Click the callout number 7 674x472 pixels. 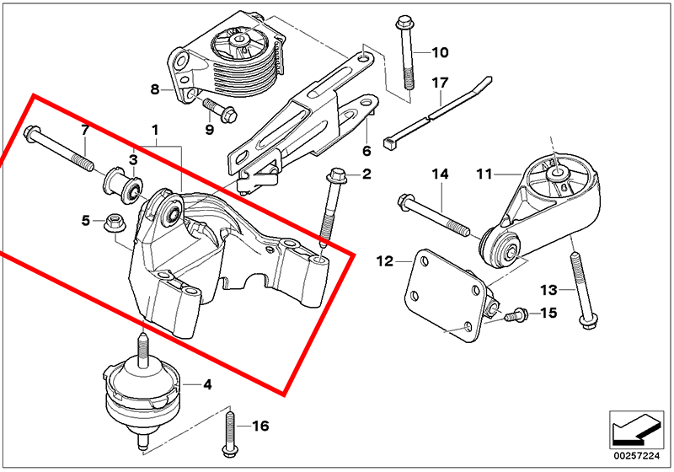click(x=84, y=130)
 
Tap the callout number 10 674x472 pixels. click(x=440, y=53)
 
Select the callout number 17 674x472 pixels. click(x=440, y=83)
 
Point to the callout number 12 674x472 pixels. click(x=384, y=261)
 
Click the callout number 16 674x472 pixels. click(x=260, y=426)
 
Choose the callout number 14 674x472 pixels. click(x=441, y=175)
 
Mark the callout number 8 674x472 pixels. click(x=155, y=88)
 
